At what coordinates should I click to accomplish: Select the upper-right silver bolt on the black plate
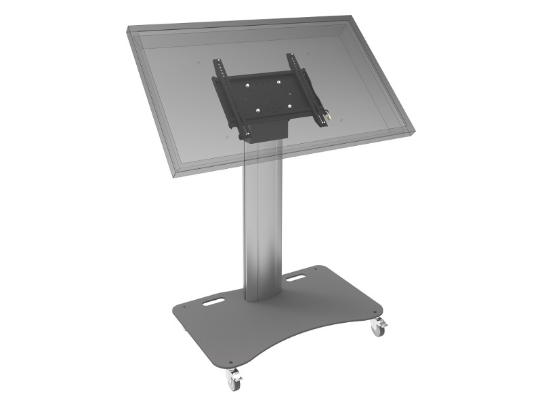279,81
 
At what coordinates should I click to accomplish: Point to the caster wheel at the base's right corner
377,329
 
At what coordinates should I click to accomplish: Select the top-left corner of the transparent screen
129,28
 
